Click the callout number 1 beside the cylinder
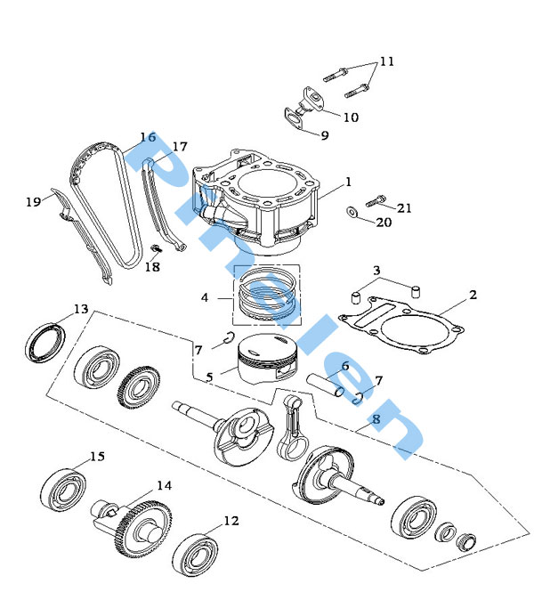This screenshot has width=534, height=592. (x=348, y=182)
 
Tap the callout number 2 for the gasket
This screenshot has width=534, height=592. (x=473, y=295)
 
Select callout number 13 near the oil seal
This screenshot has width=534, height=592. (x=81, y=309)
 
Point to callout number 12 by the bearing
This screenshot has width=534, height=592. (x=231, y=520)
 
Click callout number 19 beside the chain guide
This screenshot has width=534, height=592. (x=34, y=202)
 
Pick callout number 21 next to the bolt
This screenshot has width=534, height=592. (x=405, y=208)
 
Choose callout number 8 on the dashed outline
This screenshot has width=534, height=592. (x=376, y=418)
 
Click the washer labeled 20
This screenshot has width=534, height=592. (x=353, y=212)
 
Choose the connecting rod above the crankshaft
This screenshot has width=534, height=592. (x=293, y=426)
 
